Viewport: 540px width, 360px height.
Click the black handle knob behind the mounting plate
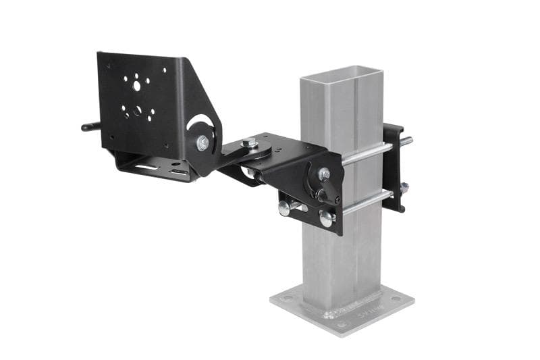pyautogui.click(x=90, y=126)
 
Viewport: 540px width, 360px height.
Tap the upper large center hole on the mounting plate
pyautogui.click(x=137, y=86)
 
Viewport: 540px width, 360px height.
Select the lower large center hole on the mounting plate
pyautogui.click(x=138, y=110)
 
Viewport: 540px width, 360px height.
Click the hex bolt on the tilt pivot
pyautogui.click(x=202, y=143)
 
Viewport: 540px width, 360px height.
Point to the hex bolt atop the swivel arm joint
pyautogui.click(x=250, y=142)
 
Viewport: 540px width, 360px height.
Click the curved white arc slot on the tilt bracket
pyautogui.click(x=200, y=124)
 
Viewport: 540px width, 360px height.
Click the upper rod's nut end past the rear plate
pyautogui.click(x=407, y=141)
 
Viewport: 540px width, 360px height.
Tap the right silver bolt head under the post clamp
pyautogui.click(x=326, y=217)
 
